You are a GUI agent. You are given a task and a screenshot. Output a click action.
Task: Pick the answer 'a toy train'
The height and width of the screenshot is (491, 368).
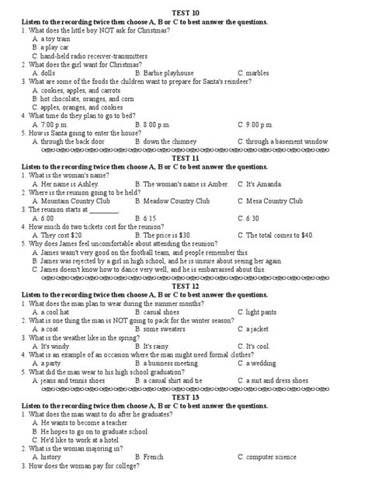(x=54, y=38)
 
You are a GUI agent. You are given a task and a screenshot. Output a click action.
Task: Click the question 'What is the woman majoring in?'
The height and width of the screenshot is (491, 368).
(x=73, y=448)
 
